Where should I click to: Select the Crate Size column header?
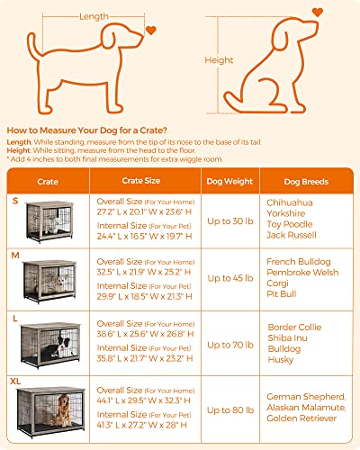pyautogui.click(x=134, y=180)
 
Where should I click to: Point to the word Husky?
pyautogui.click(x=281, y=359)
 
